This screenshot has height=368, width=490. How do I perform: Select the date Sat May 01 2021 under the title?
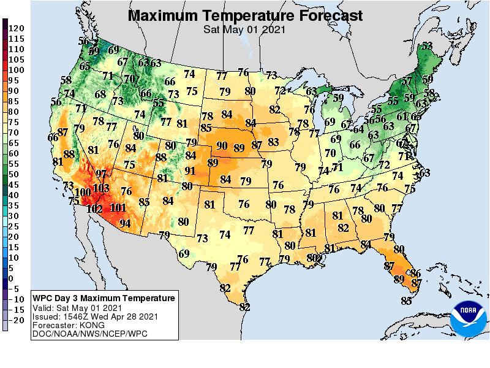pyautogui.click(x=245, y=29)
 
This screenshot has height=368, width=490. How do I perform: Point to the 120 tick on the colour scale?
pyautogui.click(x=17, y=28)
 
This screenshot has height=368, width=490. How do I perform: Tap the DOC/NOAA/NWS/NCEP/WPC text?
pyautogui.click(x=86, y=334)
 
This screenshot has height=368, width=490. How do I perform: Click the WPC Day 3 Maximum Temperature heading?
pyautogui.click(x=104, y=298)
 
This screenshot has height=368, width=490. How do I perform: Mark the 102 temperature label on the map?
pyautogui.click(x=94, y=209)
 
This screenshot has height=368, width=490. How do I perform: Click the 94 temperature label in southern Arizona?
pyautogui.click(x=125, y=223)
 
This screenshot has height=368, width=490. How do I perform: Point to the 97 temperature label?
pyautogui.click(x=101, y=174)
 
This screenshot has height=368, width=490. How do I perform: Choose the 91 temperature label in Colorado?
pyautogui.click(x=190, y=171)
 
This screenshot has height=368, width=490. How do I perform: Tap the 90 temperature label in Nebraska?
pyautogui.click(x=222, y=145)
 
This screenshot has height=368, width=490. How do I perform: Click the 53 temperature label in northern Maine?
pyautogui.click(x=427, y=45)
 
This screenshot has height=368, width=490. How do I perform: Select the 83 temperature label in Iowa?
pyautogui.click(x=273, y=142)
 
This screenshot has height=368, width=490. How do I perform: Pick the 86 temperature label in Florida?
pyautogui.click(x=415, y=273)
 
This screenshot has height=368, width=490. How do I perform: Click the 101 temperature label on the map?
pyautogui.click(x=118, y=207)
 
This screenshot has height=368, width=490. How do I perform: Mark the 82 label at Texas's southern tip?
pyautogui.click(x=245, y=307)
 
